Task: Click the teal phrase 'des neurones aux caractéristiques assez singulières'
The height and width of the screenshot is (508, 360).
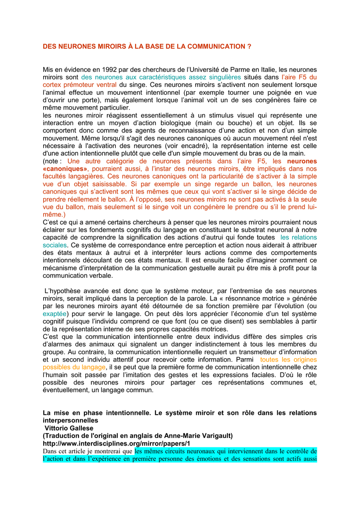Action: click(161, 77)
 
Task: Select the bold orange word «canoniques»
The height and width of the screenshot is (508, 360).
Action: click(65, 169)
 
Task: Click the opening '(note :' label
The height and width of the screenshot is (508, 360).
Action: click(52, 161)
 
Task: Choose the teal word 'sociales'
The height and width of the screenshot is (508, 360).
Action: click(55, 245)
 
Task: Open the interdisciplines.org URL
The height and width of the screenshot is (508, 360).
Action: click(116, 443)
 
